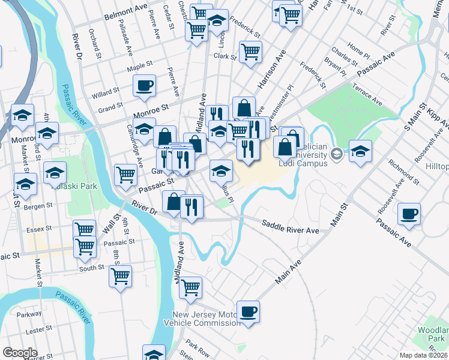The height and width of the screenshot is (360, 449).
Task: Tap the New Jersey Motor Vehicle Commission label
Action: point(206,319)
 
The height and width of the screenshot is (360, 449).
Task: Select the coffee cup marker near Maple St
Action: point(144,87)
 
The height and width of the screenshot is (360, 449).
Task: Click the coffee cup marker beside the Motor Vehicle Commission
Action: point(248,313)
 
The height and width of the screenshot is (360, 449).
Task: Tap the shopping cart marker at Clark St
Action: point(250,52)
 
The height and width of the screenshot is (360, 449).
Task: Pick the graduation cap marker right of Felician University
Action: point(360,152)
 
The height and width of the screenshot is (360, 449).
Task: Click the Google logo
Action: point(20,353)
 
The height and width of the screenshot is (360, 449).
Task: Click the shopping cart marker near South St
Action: point(121,277)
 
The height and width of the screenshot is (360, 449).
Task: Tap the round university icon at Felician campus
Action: point(337,154)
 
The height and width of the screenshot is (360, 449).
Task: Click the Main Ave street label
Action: point(288,272)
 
